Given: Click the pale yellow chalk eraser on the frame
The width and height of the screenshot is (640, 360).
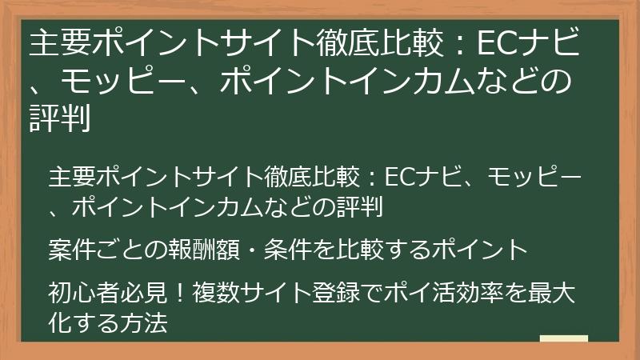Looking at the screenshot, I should pyautogui.click(x=563, y=339).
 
